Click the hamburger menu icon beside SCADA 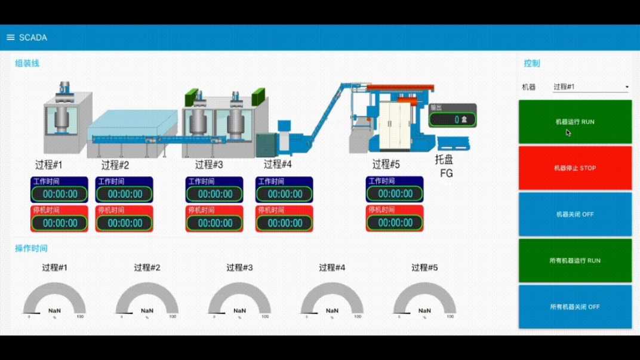[10, 38]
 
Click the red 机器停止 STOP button [575, 168]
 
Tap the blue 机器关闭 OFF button [575, 214]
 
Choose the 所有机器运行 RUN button [575, 261]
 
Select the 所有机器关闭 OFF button [575, 307]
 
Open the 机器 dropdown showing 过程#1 [590, 87]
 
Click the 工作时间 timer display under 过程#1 [60, 194]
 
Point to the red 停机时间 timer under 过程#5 [395, 223]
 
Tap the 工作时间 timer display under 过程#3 [215, 194]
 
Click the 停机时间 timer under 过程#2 [125, 223]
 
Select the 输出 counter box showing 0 [453, 119]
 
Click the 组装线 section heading [27, 63]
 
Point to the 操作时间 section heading [31, 248]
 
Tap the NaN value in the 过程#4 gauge [332, 310]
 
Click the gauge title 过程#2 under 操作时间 [147, 268]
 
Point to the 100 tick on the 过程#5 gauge [450, 317]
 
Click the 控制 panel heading [531, 63]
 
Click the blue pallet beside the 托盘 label [453, 143]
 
